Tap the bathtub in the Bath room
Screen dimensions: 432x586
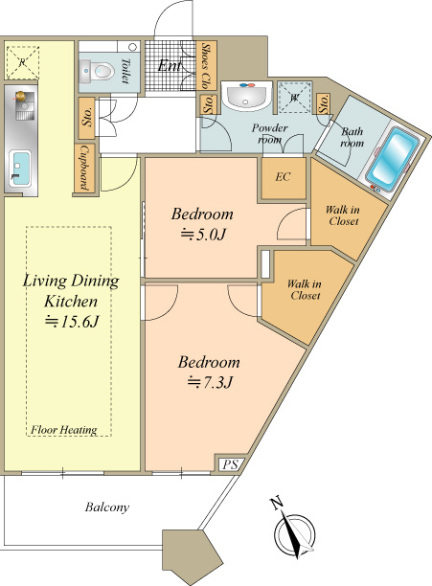point(392,158)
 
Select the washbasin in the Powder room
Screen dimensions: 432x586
point(246,96)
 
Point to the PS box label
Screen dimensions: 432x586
point(231,464)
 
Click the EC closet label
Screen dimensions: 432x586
point(283,177)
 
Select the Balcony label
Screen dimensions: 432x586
point(107,507)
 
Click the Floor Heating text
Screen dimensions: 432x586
point(64,430)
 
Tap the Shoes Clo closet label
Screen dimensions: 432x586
point(206,66)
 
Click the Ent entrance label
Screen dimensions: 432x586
point(171,66)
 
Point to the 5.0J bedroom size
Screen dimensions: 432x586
point(203,235)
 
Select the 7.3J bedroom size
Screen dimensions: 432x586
point(210,382)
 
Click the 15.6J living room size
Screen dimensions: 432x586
point(71,322)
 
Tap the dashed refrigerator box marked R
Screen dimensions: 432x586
point(22,62)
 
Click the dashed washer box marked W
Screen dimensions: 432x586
point(295,97)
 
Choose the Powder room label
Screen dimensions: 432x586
point(269,133)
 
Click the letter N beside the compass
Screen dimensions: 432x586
point(277,504)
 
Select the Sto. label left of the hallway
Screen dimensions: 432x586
point(87,118)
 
